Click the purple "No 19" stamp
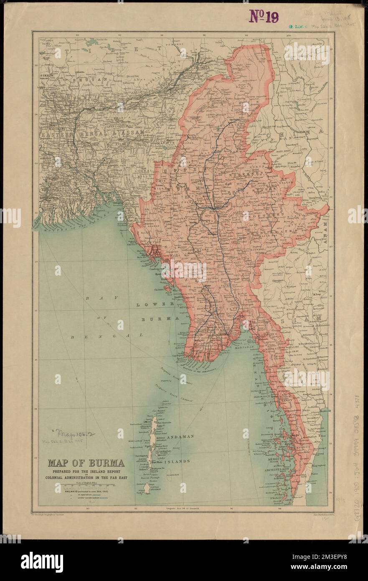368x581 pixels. click(264, 16)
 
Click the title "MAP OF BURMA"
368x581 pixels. click(86, 463)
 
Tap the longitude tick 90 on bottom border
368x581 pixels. click(88, 509)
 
